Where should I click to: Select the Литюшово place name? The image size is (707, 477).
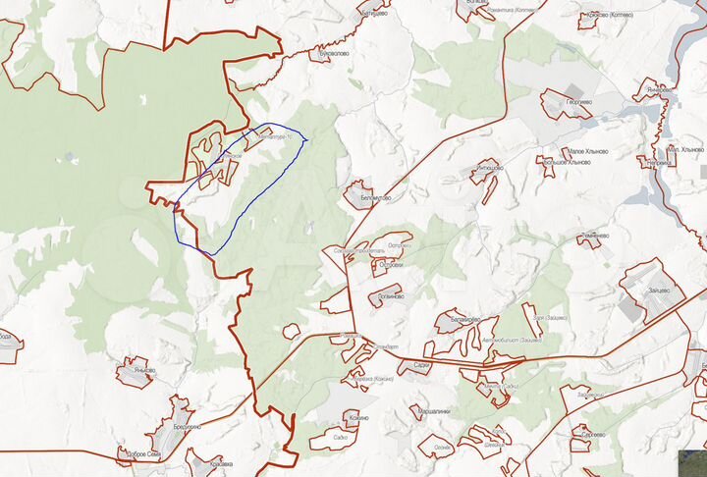tap(489, 169)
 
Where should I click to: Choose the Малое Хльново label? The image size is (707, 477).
tap(587, 151)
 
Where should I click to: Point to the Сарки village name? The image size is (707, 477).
tap(421, 364)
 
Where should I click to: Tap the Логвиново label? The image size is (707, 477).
tap(390, 295)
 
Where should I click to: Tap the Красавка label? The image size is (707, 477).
tap(221, 461)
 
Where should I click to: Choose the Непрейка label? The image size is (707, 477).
tap(654, 162)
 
